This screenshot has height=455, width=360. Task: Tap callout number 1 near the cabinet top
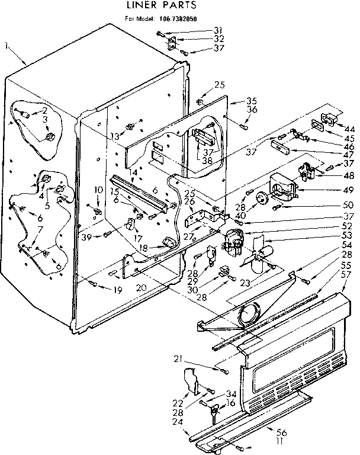[x=6, y=45]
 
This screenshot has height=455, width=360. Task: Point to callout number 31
[x=201, y=30]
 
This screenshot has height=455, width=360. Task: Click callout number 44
[x=349, y=128]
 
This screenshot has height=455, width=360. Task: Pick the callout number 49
[x=349, y=190]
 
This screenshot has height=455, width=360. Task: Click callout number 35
[x=235, y=100]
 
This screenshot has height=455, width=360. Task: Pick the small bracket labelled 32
[x=172, y=42]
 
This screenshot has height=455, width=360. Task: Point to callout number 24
[x=176, y=422]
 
